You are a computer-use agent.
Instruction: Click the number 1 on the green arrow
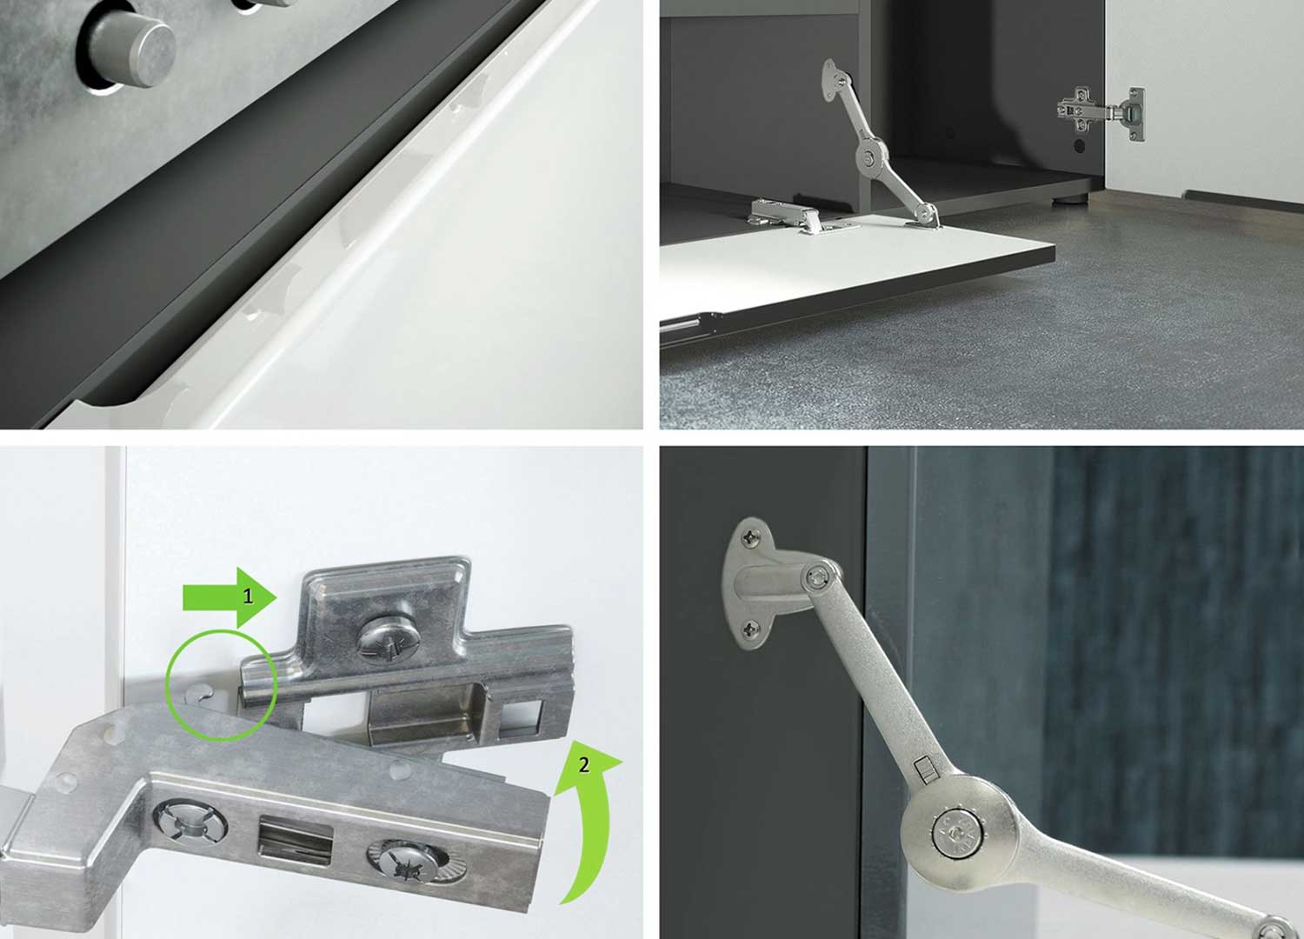(248, 596)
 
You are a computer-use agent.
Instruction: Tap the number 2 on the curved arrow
(584, 765)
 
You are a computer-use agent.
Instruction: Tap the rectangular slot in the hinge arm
(296, 838)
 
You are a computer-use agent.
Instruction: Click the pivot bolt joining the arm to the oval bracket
(819, 579)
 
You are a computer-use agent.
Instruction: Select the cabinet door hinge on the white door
(1101, 113)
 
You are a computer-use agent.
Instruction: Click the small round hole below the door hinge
(1080, 145)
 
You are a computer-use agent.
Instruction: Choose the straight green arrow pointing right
(230, 598)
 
